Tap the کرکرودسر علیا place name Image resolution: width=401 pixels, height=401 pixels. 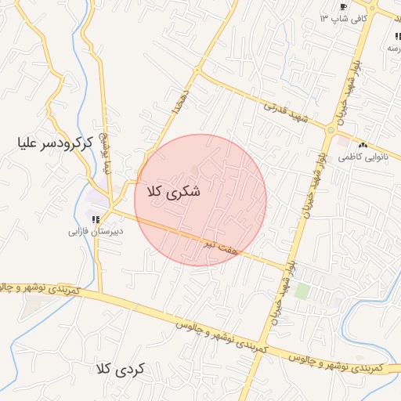click(54, 143)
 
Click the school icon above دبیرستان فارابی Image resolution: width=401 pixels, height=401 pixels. click(96, 219)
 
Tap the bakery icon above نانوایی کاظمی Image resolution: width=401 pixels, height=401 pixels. click(362, 146)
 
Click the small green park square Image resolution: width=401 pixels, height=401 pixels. click(302, 291)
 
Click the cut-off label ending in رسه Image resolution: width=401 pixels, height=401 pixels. click(391, 48)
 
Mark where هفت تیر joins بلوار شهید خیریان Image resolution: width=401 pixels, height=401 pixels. click(286, 269)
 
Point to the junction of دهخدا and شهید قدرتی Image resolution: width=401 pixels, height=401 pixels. click(197, 71)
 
